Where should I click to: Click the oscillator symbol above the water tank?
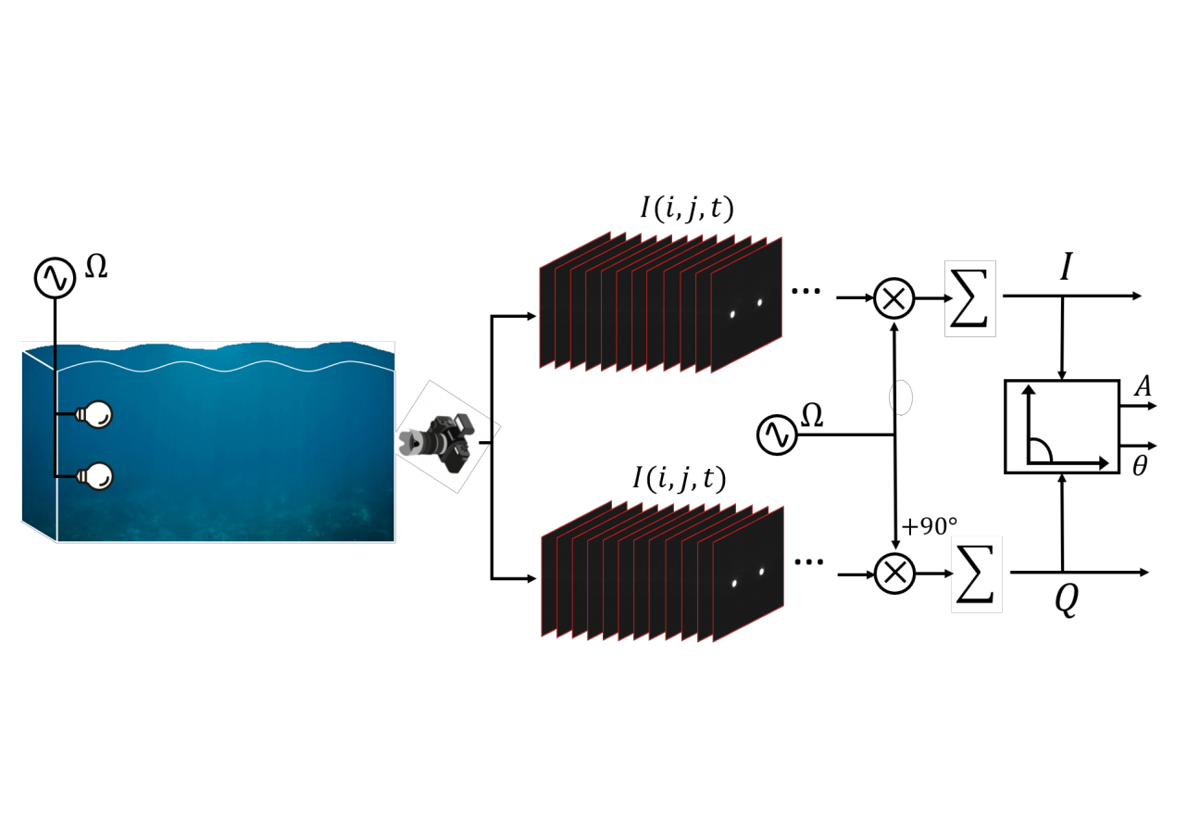pyautogui.click(x=55, y=278)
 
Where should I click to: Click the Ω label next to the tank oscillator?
pyautogui.click(x=96, y=268)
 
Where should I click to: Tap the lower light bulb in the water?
pyautogui.click(x=96, y=476)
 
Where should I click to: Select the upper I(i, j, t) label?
pyautogui.click(x=686, y=209)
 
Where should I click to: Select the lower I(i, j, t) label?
pyautogui.click(x=679, y=478)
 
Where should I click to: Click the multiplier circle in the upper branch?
pyautogui.click(x=893, y=298)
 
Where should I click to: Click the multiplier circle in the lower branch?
pyautogui.click(x=894, y=574)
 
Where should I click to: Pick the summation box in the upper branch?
pyautogui.click(x=970, y=298)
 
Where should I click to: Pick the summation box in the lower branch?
pyautogui.click(x=977, y=574)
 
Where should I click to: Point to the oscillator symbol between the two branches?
pyautogui.click(x=777, y=435)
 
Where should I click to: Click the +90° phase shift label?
pyautogui.click(x=929, y=527)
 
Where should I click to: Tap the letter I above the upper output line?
pyautogui.click(x=1067, y=269)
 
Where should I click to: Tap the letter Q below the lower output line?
pyautogui.click(x=1067, y=601)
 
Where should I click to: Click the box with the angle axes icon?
pyautogui.click(x=1061, y=426)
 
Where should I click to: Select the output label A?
pyautogui.click(x=1143, y=386)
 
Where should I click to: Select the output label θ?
pyautogui.click(x=1140, y=467)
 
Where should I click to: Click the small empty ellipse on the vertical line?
pyautogui.click(x=901, y=397)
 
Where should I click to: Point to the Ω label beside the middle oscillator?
pyautogui.click(x=812, y=417)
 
